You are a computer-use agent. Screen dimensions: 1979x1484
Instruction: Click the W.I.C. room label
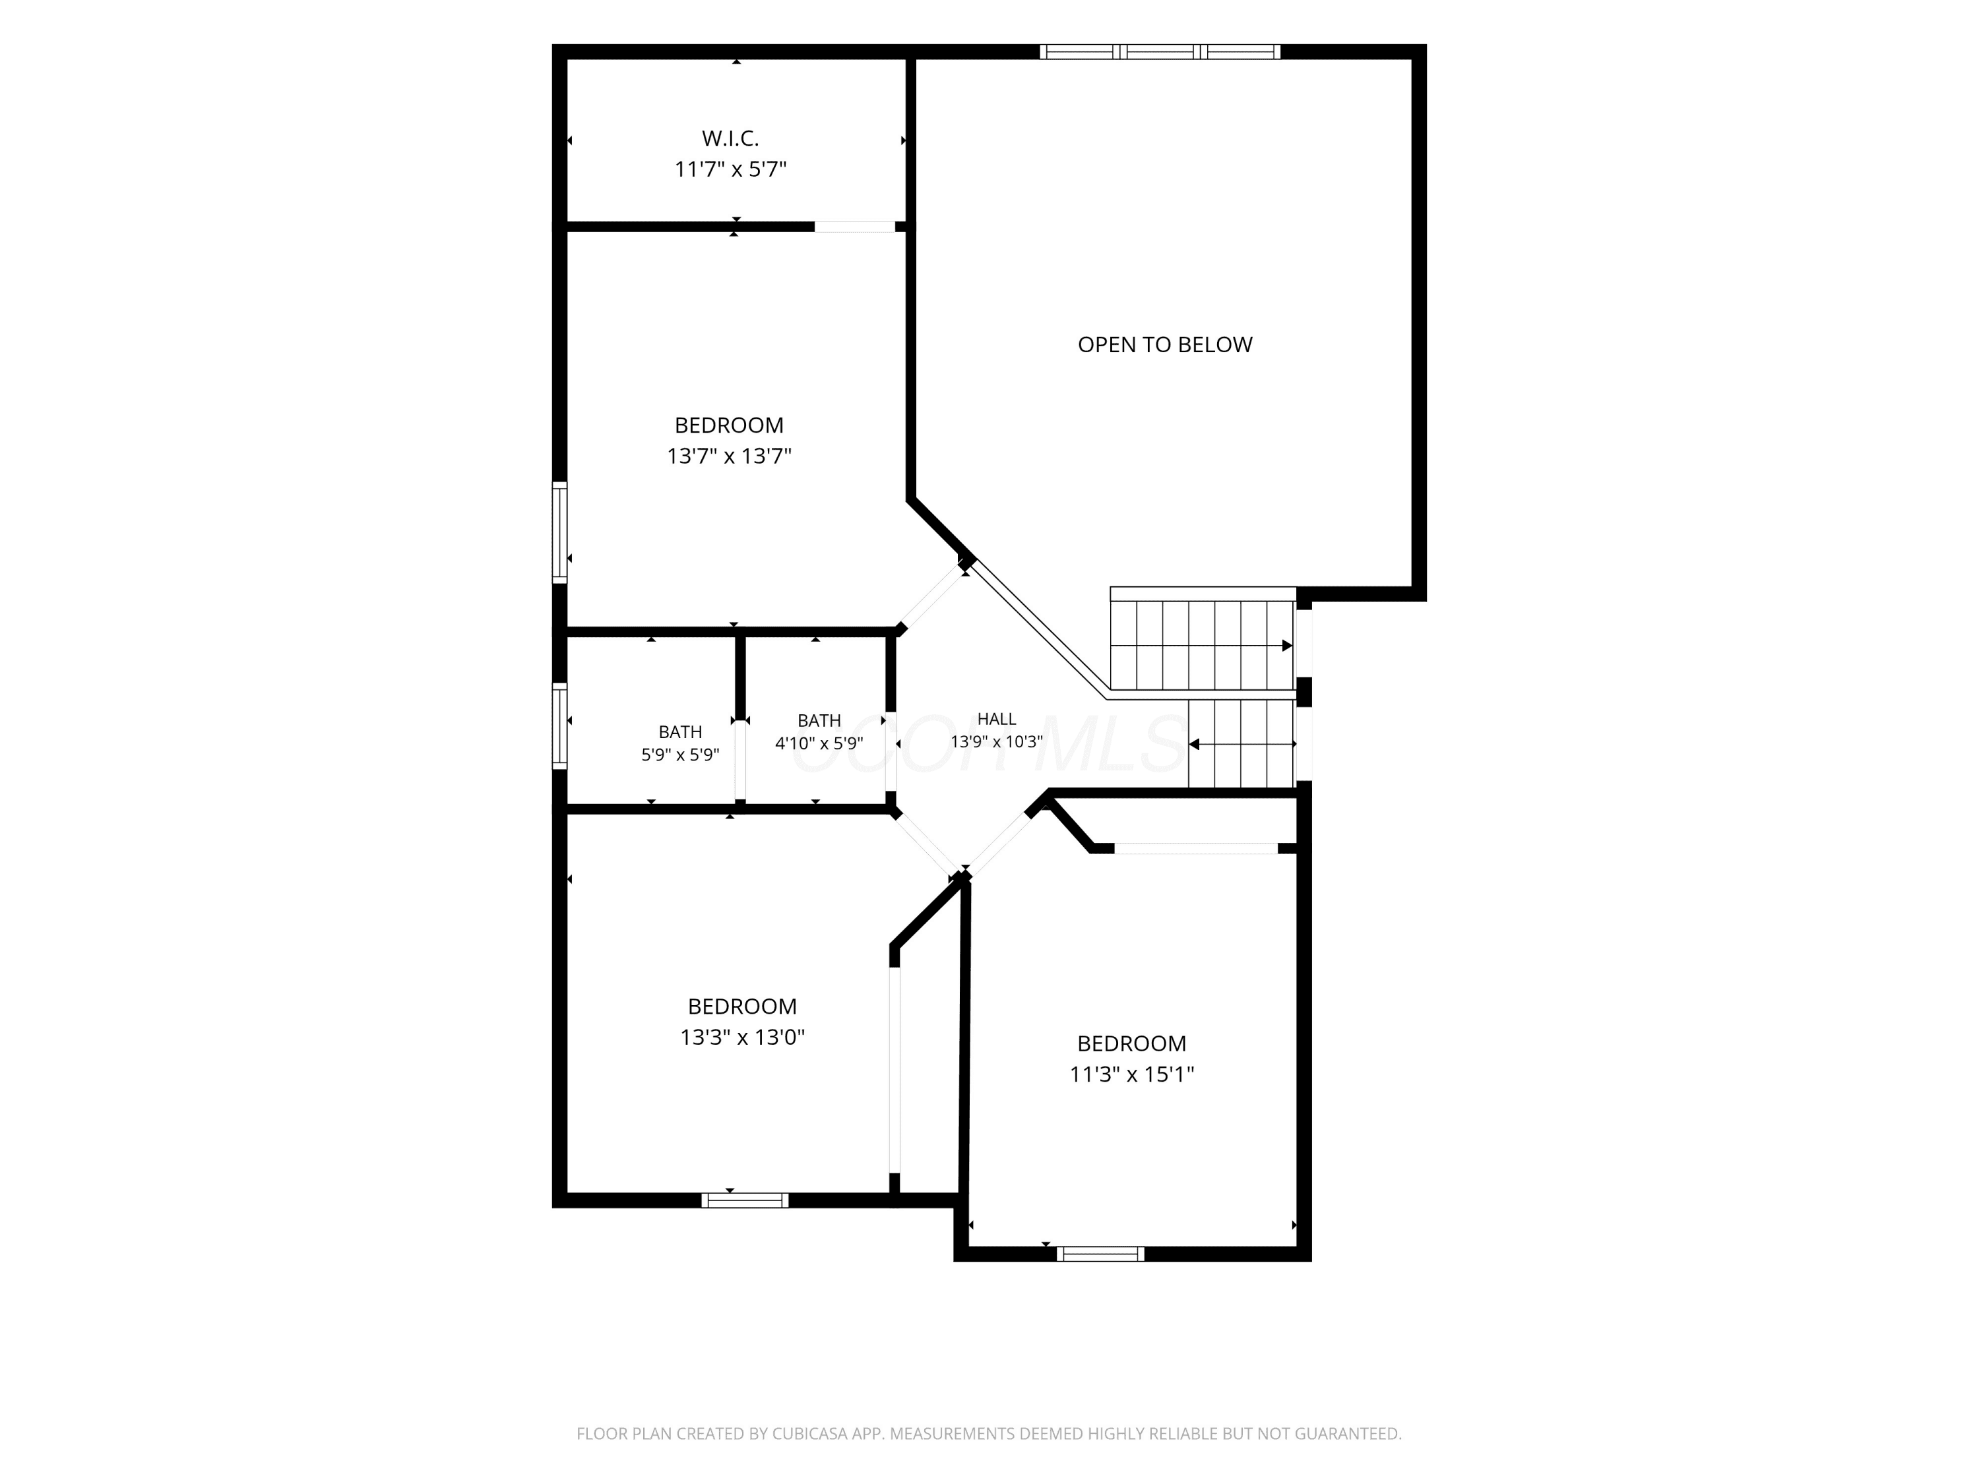click(730, 139)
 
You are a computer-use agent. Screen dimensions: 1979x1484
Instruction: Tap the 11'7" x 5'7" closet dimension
click(730, 169)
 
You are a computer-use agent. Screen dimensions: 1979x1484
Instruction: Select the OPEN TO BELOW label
click(1165, 344)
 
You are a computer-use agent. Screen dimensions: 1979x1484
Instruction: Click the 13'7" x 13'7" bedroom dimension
click(729, 456)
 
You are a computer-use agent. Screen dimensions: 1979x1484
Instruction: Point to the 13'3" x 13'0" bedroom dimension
click(743, 1037)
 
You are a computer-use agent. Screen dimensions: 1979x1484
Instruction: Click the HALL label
click(997, 718)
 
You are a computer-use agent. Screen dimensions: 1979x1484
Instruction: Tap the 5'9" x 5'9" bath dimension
click(680, 755)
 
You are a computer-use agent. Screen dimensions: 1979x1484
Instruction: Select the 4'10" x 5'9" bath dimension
click(819, 743)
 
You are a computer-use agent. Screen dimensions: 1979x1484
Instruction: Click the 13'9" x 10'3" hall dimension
click(997, 741)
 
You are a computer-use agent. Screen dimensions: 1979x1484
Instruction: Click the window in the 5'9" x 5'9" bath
click(559, 726)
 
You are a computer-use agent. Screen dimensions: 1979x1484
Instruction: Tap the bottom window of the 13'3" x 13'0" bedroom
click(745, 1200)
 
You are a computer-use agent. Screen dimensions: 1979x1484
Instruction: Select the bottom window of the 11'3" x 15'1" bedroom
click(1100, 1254)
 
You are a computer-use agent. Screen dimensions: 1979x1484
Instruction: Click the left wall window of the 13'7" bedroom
click(559, 532)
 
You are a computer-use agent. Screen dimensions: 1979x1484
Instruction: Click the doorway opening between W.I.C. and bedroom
click(854, 226)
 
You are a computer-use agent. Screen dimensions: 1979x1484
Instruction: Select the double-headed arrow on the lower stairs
click(1243, 744)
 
